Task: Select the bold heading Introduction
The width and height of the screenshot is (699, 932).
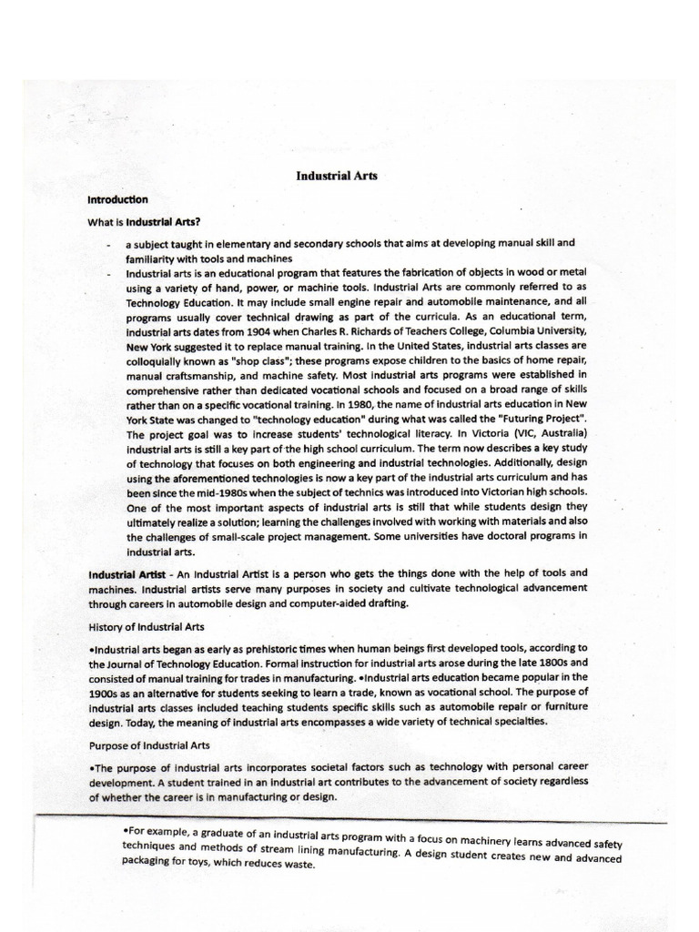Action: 118,198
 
